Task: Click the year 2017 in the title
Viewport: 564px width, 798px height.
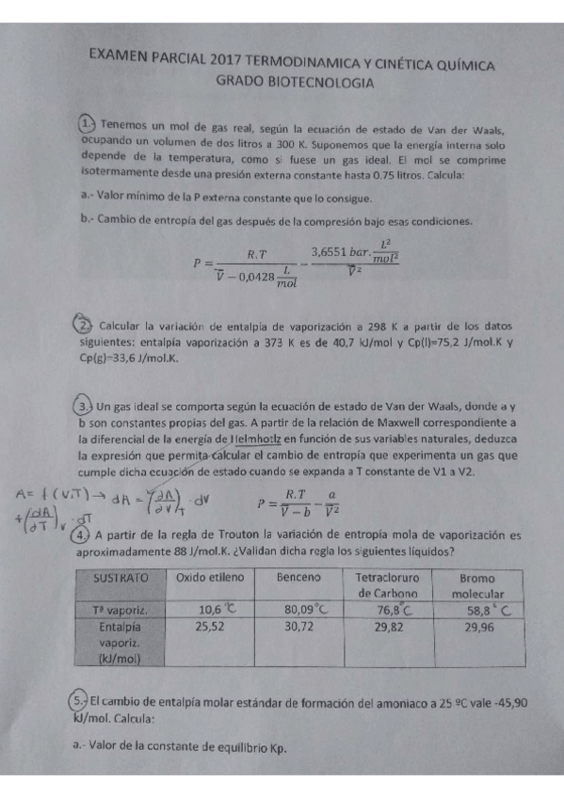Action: point(236,60)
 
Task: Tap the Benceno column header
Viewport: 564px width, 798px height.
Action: point(298,576)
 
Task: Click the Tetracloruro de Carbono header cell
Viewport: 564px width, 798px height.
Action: point(389,584)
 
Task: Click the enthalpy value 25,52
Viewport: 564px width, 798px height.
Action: point(207,626)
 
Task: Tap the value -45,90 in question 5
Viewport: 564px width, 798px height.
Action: point(505,702)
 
